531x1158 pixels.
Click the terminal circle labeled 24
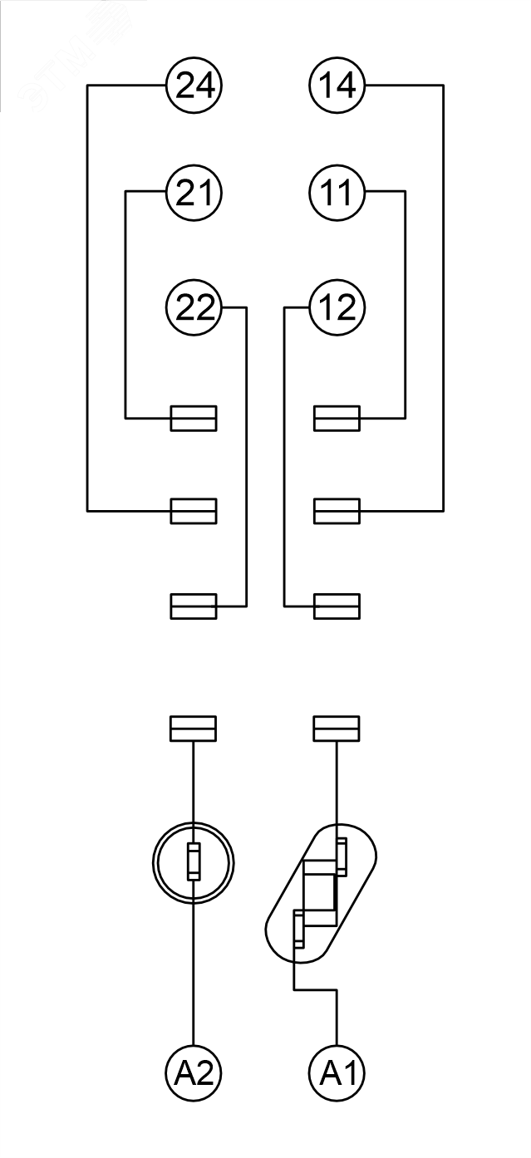[194, 86]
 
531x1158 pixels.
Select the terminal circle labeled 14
[337, 86]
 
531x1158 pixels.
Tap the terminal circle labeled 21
[194, 193]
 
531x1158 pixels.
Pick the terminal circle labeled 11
[337, 193]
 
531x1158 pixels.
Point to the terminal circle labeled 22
[194, 308]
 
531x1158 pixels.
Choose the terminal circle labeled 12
[337, 308]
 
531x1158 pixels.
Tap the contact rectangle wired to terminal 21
[194, 418]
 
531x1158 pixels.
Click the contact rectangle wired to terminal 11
[337, 418]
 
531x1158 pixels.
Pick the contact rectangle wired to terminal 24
[194, 511]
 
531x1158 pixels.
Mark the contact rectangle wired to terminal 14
[337, 511]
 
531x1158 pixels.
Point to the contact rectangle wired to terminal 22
[194, 606]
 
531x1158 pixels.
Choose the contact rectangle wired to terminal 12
[337, 606]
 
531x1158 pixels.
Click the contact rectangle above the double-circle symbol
[194, 728]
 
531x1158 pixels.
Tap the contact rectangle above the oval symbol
[337, 728]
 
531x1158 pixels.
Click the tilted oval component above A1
[321, 894]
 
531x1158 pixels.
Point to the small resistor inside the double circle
[194, 861]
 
